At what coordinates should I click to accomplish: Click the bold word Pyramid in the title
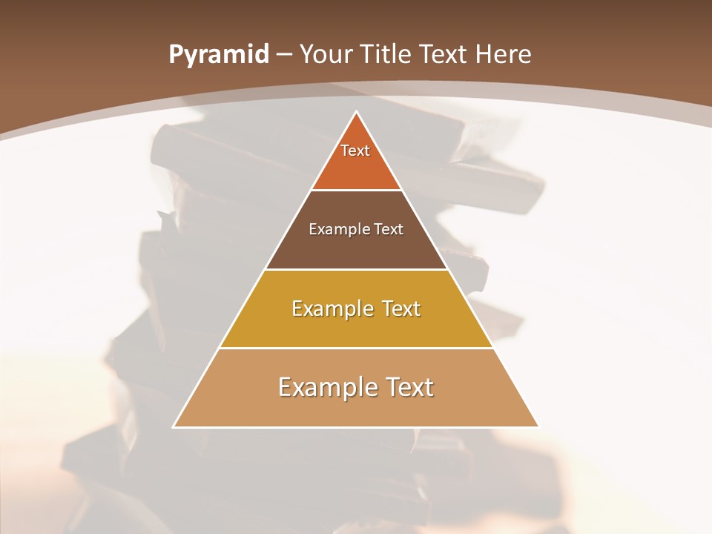pos(219,55)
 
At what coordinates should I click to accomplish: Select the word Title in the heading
pos(388,55)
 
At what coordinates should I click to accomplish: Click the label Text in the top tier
pos(355,151)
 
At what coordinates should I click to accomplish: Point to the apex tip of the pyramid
pos(356,113)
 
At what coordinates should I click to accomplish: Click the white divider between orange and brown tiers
pos(356,191)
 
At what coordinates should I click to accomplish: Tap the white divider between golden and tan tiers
pos(356,348)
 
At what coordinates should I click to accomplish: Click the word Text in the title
pos(446,55)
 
